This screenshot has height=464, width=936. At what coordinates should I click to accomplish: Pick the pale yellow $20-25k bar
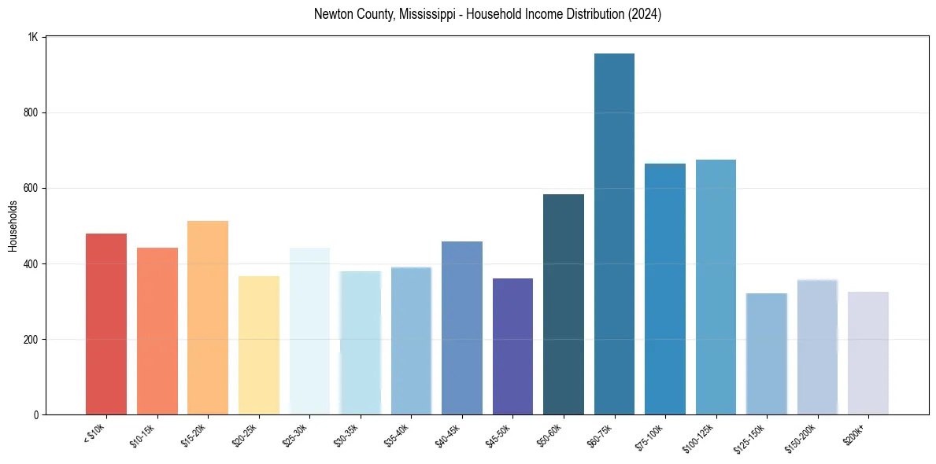[258, 345]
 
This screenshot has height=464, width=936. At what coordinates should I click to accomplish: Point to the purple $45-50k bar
[512, 346]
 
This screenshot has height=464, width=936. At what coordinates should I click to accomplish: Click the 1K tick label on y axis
[33, 37]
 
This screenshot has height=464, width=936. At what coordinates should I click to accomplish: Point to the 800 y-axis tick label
[32, 112]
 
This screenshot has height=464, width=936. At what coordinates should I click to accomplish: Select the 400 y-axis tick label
[32, 263]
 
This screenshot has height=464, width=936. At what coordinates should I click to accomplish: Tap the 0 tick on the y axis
[37, 414]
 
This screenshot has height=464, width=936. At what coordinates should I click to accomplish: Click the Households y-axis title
[13, 226]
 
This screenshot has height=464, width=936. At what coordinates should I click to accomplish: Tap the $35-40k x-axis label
[398, 435]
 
